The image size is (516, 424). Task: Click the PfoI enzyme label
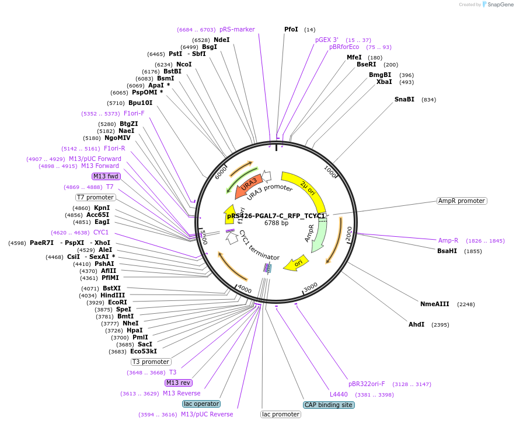291,29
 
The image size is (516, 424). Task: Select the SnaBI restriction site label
404,99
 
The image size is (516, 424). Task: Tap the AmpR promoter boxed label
461,201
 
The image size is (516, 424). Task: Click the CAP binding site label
329,405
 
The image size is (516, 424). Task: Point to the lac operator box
201,404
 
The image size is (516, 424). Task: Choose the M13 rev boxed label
178,383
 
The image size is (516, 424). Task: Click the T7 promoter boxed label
96,197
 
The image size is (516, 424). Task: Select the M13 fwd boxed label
106,176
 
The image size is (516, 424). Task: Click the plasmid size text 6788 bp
276,223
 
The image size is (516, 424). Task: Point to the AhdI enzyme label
416,324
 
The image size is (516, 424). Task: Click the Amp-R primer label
448,240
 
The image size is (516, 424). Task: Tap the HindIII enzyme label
113,295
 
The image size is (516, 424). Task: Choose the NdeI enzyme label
221,40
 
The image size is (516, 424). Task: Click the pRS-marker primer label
237,29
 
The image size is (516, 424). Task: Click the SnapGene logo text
500,4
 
